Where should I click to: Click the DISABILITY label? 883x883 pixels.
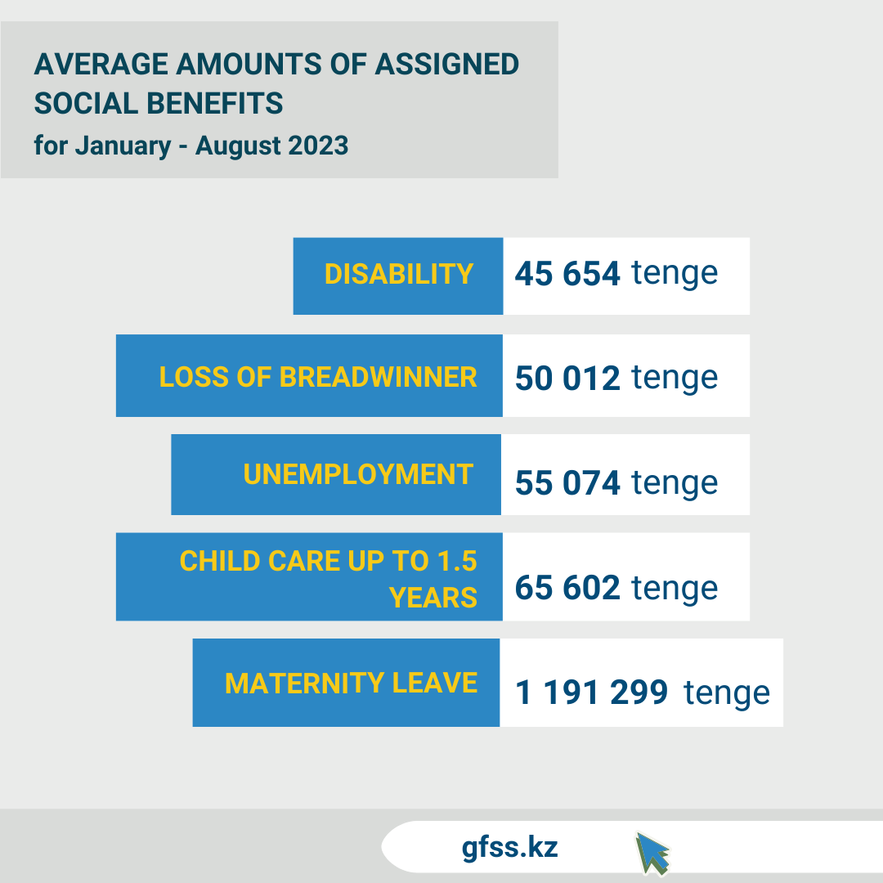coord(399,274)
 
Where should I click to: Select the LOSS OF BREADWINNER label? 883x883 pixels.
coord(318,377)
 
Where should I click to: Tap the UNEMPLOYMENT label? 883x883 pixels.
coord(358,474)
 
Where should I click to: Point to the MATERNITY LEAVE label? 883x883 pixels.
coord(351,683)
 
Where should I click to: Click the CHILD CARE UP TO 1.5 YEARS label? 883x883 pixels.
coord(329,579)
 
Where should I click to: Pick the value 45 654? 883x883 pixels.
coord(567,274)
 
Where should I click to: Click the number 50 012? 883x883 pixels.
coord(567,378)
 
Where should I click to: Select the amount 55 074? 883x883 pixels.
coord(567,483)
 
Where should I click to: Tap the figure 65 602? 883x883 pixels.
coord(567,588)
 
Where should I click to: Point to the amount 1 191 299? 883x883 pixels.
coord(592,693)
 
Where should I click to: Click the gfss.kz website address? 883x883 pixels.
coord(509,847)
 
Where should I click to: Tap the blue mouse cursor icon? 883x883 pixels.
coord(652,853)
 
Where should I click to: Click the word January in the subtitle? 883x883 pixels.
coord(123,146)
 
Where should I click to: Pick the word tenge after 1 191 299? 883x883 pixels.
coord(727,693)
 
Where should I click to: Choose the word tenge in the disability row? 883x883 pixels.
coord(675,273)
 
